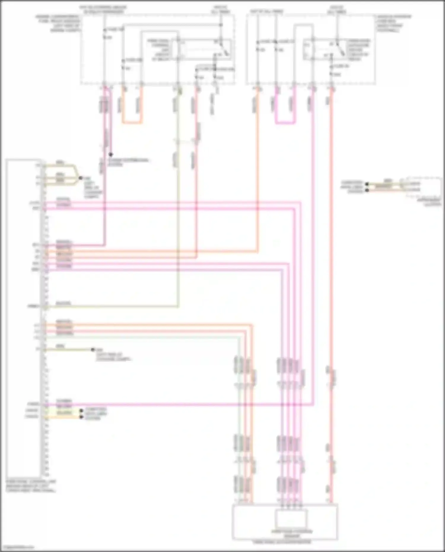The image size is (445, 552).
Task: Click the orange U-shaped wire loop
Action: (132, 122)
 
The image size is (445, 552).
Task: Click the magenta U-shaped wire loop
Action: (285, 122)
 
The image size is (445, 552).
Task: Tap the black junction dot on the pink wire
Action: (110, 155)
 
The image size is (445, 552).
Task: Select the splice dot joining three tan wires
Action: (80, 178)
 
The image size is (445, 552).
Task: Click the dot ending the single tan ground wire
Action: (93, 350)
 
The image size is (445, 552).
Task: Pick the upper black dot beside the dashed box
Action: (367, 184)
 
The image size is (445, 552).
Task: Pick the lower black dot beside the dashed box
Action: (367, 190)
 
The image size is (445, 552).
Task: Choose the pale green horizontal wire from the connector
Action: (142, 337)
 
